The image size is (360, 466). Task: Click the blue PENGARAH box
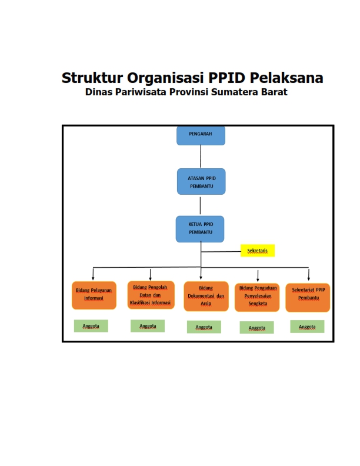(201, 135)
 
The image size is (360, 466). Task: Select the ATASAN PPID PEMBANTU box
(201, 181)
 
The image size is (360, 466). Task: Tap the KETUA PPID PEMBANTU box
(200, 229)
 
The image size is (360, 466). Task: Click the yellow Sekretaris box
(258, 251)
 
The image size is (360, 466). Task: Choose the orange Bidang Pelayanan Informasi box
(94, 294)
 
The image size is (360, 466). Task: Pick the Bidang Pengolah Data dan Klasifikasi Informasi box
(151, 295)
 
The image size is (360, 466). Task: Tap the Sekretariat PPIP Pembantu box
(308, 297)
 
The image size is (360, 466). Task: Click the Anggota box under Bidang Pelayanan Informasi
(91, 326)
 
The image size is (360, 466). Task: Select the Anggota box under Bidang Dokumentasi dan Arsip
(204, 327)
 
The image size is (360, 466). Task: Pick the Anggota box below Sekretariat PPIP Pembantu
(307, 327)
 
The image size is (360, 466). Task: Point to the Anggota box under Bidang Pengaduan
(256, 328)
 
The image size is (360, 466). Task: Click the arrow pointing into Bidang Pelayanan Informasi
(93, 275)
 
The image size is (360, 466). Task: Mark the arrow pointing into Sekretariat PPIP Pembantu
(309, 275)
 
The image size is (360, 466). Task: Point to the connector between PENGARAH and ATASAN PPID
(201, 157)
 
